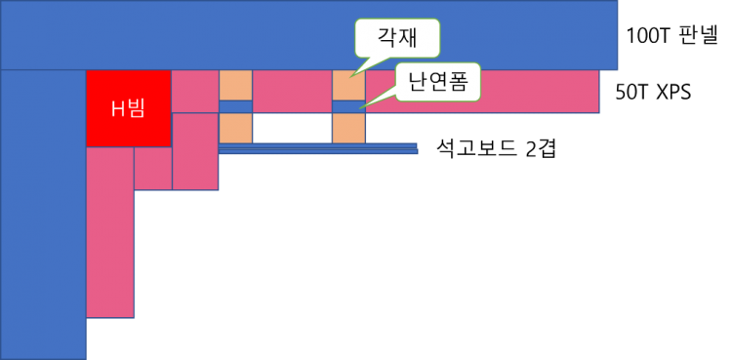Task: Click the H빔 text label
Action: coord(128,108)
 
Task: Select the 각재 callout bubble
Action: coord(396,38)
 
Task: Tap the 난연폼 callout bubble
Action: coord(438,83)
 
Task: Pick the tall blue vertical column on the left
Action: coord(43,215)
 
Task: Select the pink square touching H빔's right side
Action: coord(195,91)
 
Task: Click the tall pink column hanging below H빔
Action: coord(110,232)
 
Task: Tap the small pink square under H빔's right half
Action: coord(153,168)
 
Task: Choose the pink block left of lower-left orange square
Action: coord(195,151)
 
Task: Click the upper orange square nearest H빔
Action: coord(235,85)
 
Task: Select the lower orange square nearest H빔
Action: coord(235,128)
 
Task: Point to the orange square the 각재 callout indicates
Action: coord(348,86)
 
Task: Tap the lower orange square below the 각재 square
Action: coord(348,128)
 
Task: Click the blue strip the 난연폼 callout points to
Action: coord(348,106)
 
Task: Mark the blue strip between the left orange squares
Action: coord(235,106)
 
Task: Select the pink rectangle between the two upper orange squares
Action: coord(292,91)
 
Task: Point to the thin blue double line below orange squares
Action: coord(318,149)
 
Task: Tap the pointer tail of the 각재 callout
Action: coord(358,66)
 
